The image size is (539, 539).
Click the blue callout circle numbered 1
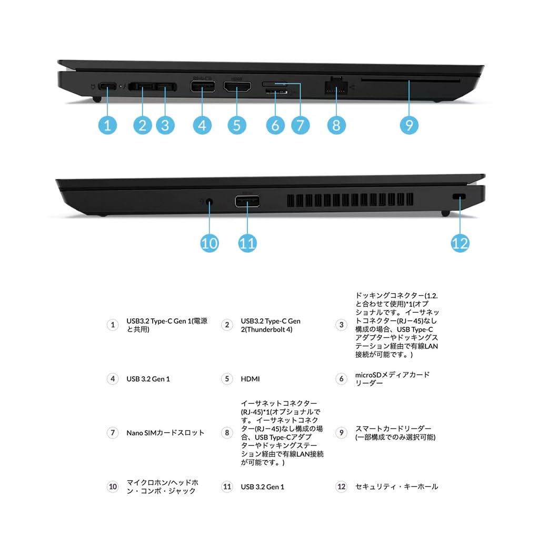107,125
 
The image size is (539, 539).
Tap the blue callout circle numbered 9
408,125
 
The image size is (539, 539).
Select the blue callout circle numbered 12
460,243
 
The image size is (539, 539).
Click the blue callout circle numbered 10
209,243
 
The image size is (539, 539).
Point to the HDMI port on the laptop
237,88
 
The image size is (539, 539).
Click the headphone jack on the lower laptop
210,201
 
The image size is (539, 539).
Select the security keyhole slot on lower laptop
460,196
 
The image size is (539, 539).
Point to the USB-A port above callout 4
202,87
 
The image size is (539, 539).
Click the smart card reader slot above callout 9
411,81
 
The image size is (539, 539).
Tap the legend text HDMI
250,379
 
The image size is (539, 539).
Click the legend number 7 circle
112,433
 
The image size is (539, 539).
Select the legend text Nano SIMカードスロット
165,433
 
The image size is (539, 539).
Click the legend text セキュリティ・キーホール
396,487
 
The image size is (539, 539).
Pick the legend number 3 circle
341,325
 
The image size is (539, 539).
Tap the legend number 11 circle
227,487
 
